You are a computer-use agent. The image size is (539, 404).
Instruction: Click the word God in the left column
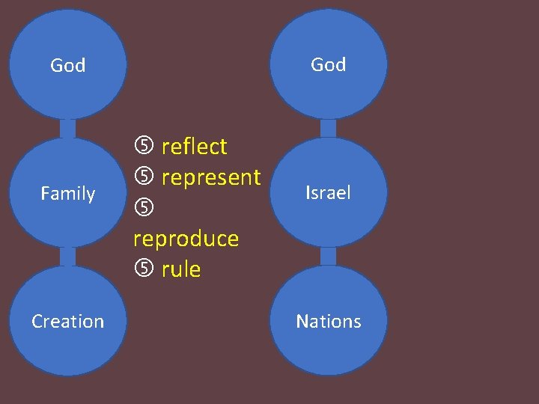[x=67, y=66]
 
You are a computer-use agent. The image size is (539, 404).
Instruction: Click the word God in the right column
[x=328, y=65]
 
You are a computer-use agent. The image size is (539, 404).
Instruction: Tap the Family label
[x=67, y=195]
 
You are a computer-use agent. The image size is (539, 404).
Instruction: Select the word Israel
[x=328, y=194]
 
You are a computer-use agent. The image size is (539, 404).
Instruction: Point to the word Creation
[x=67, y=322]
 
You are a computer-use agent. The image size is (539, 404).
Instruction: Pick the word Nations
[x=328, y=322]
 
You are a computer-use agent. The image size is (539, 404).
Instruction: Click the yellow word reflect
[x=194, y=147]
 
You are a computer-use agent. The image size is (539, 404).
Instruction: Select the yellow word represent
[x=210, y=178]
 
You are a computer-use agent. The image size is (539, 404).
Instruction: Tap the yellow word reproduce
[x=186, y=239]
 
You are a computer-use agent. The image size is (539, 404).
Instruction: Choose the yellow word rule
[x=181, y=269]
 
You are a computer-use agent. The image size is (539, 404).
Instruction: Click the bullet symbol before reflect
[x=143, y=145]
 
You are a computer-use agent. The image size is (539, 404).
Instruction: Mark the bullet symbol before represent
[x=143, y=177]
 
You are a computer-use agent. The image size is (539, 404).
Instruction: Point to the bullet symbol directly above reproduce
[x=143, y=207]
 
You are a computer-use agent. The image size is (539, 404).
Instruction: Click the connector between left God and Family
[x=67, y=128]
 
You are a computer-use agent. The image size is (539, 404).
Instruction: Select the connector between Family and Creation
[x=67, y=257]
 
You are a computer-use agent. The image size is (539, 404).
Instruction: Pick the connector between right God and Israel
[x=328, y=128]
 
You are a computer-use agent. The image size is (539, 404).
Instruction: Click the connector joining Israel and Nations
[x=328, y=257]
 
